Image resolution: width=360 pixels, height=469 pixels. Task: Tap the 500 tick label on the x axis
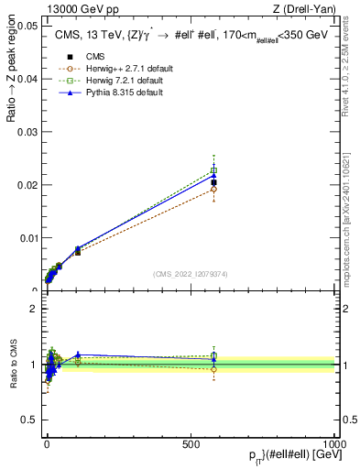tap(191, 443)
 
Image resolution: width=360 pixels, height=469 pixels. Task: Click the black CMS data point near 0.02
tap(213, 183)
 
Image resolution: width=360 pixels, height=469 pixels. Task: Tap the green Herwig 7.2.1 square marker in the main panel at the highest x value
tap(213, 170)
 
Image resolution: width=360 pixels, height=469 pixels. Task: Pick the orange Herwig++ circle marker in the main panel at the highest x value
tap(213, 190)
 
